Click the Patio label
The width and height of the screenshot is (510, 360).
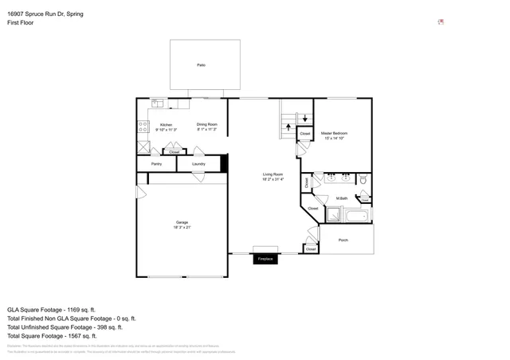[202, 65]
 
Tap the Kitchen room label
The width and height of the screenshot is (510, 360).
[166, 125]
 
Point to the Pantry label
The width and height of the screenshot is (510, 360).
[156, 164]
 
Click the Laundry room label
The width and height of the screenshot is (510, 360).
[198, 164]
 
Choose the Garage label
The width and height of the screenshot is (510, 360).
[182, 223]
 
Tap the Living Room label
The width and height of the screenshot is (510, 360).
[273, 176]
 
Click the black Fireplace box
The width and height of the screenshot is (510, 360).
[265, 259]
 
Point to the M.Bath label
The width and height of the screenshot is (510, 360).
[341, 198]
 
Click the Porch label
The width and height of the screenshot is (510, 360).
[343, 240]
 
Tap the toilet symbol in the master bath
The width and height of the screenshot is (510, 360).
[363, 179]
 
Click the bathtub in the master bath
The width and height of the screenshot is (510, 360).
[351, 215]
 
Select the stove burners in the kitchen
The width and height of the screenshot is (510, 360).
[143, 125]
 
